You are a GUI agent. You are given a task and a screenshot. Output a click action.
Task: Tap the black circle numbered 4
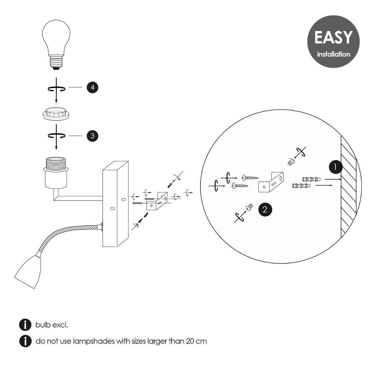92,87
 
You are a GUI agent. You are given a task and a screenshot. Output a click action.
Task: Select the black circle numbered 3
92,136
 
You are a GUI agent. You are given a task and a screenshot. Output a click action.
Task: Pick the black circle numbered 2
265,209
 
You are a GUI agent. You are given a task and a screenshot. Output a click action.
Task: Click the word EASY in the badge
333,38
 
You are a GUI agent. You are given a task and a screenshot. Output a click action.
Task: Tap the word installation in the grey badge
333,54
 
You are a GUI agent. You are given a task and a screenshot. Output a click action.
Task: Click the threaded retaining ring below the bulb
56,113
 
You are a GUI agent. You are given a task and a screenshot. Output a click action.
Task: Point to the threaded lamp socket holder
56,172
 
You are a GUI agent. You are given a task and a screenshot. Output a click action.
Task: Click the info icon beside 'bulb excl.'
25,325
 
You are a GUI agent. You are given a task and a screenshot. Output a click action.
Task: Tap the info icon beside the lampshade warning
25,341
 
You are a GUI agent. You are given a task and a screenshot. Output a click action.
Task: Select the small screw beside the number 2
249,207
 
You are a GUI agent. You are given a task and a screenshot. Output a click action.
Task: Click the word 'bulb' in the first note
42,325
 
